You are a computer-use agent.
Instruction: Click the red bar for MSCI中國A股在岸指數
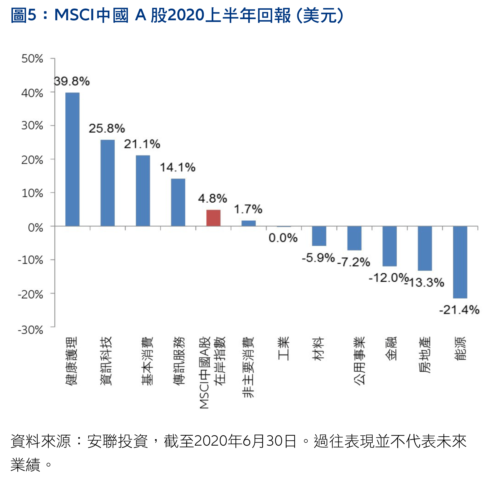coord(213,218)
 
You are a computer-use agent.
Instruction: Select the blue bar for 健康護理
coord(72,159)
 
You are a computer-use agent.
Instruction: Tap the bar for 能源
coord(460,262)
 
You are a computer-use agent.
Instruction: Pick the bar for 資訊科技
coord(107,183)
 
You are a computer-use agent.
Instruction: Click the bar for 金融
coord(389,246)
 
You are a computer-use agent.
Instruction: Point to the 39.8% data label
coord(72,82)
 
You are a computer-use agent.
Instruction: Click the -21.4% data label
coord(459,310)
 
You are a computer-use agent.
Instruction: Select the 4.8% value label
coord(213,198)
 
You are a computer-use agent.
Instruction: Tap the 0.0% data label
coord(283,238)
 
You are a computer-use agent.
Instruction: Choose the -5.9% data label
coord(318,258)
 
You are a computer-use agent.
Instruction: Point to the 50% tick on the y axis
coord(32,59)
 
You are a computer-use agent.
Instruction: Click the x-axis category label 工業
coord(283,348)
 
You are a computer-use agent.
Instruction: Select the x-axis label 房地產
coord(425,355)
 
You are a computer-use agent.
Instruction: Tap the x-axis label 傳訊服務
coord(178,361)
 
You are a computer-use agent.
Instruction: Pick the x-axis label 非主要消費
coord(248,367)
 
